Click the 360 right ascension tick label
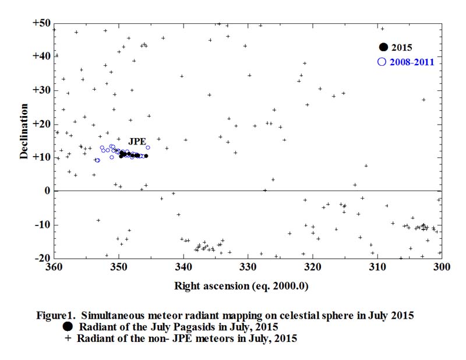(54, 267)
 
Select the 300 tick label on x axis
(442, 267)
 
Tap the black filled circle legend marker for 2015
(383, 47)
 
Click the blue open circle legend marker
(382, 61)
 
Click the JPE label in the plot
(137, 141)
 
